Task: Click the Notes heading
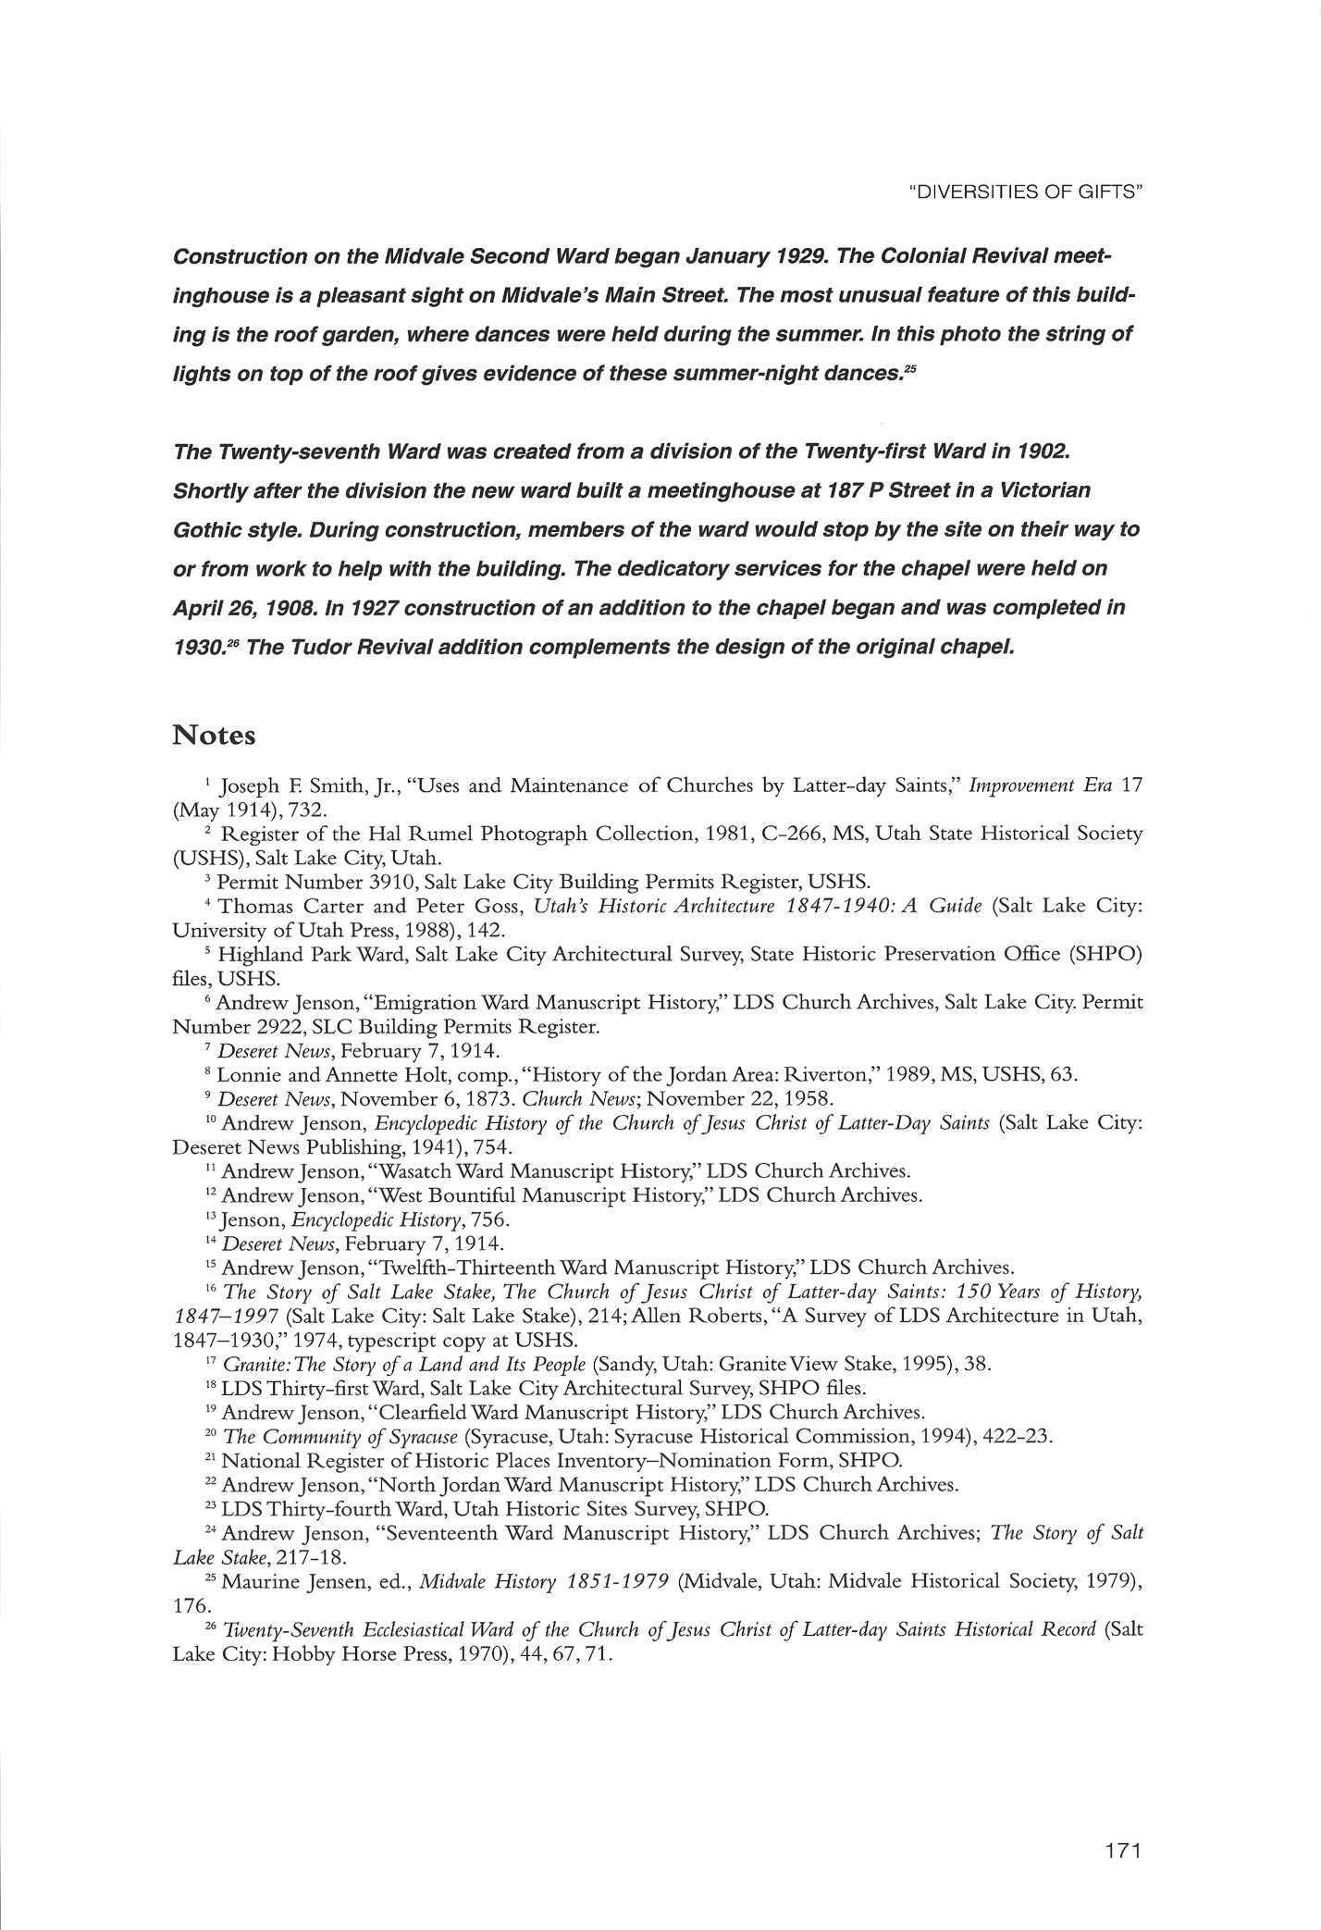pyautogui.click(x=214, y=736)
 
